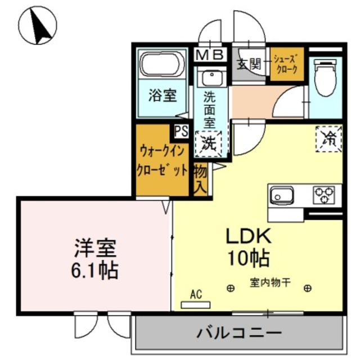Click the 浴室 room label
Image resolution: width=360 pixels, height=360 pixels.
(x=163, y=96)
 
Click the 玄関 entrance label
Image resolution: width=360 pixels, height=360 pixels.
(x=249, y=64)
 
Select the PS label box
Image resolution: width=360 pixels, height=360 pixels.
(x=181, y=131)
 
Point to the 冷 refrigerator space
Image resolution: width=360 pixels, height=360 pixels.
(x=329, y=139)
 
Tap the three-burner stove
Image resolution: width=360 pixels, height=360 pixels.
(x=325, y=194)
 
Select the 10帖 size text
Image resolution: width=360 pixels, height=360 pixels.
(x=247, y=258)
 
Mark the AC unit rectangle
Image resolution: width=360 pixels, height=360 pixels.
(x=196, y=304)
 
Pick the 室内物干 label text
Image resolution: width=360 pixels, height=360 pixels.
(x=270, y=283)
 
